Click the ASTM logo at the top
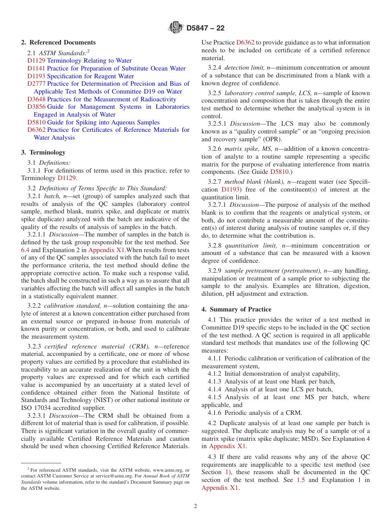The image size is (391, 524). pyautogui.click(x=176, y=28)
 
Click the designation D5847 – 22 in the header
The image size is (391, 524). pyautogui.click(x=205, y=28)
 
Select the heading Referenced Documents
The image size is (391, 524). pyautogui.click(x=63, y=42)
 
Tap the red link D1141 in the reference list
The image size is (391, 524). pyautogui.click(x=36, y=68)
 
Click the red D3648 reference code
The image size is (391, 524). pyautogui.click(x=36, y=99)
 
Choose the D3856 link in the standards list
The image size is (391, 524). pyautogui.click(x=36, y=107)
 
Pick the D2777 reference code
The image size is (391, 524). pyautogui.click(x=36, y=84)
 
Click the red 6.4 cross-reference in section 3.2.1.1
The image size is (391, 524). pyautogui.click(x=25, y=250)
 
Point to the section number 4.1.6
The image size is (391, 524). pyautogui.click(x=215, y=413)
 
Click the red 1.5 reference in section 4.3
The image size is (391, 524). pyautogui.click(x=300, y=480)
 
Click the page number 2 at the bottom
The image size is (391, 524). pyautogui.click(x=195, y=506)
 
